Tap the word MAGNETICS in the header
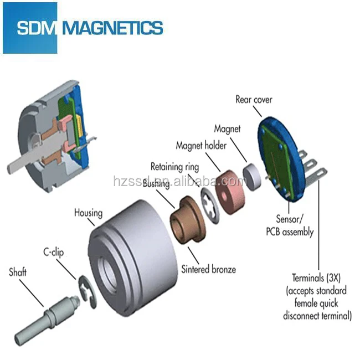(114, 28)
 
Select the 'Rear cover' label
(254, 100)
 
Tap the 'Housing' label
(89, 213)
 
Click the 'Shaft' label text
(19, 272)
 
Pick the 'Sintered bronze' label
(208, 269)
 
